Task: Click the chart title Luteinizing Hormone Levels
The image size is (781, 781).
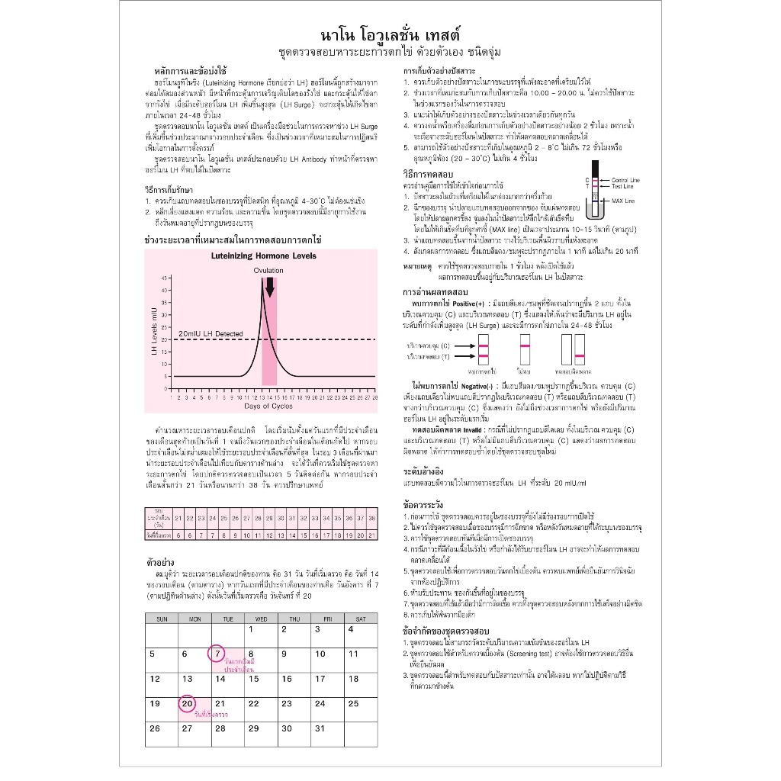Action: [263, 256]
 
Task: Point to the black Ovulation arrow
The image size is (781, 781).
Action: [268, 286]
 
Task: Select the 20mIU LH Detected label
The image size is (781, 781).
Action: [211, 333]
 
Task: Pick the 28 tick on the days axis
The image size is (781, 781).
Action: [376, 397]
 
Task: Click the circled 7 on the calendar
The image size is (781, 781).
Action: [217, 654]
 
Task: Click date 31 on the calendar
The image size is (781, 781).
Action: [288, 728]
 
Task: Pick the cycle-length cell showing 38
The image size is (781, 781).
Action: [371, 519]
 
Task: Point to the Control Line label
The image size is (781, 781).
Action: [624, 179]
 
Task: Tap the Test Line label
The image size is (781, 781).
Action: [621, 186]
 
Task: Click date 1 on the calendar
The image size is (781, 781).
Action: [252, 629]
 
